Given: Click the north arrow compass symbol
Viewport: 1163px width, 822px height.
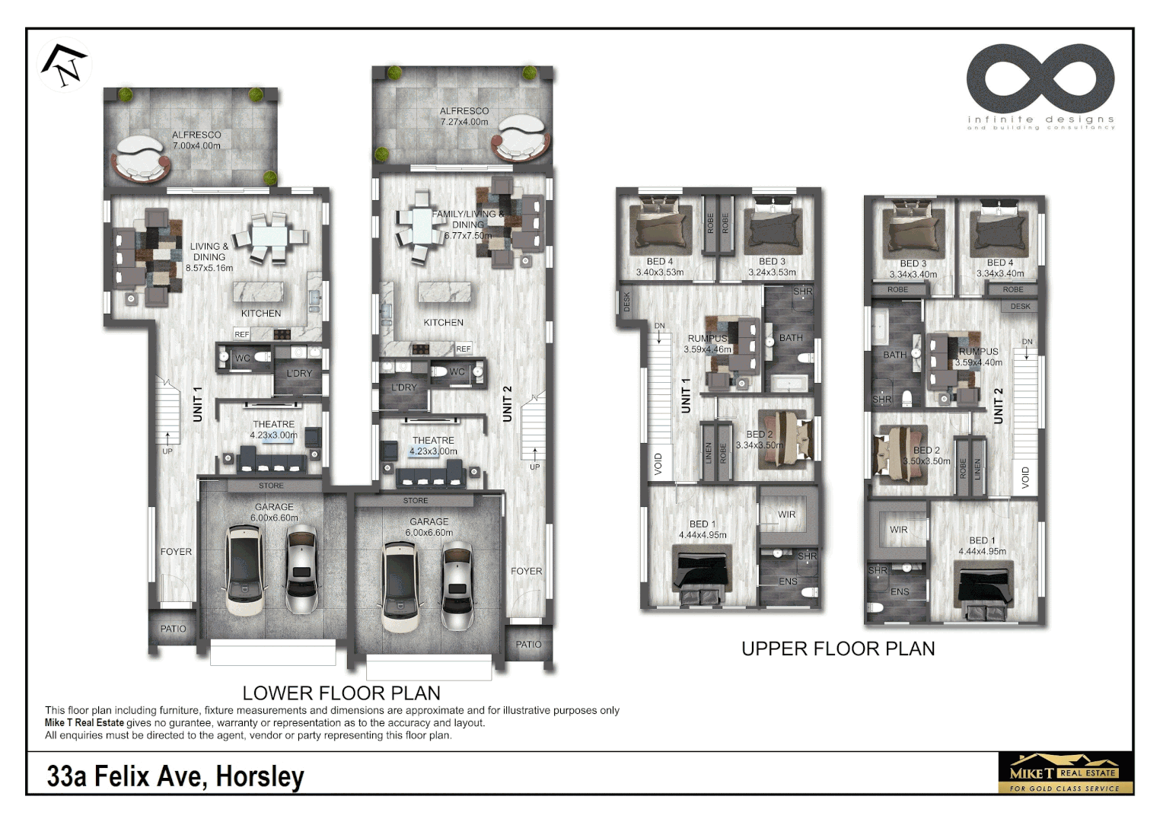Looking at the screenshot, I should (65, 64).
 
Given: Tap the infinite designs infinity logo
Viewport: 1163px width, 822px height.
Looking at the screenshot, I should (1040, 79).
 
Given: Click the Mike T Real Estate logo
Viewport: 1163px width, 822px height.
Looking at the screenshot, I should (1065, 773).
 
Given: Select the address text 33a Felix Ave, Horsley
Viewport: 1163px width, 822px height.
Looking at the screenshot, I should (175, 776).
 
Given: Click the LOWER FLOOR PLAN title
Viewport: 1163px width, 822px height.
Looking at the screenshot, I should (341, 693).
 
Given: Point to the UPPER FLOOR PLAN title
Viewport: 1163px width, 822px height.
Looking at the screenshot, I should (838, 648).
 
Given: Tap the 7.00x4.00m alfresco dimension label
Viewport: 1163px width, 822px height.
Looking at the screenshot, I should (196, 146).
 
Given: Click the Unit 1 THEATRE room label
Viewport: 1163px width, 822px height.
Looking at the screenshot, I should (273, 425).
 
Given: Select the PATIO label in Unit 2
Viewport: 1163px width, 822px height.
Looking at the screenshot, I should (528, 645).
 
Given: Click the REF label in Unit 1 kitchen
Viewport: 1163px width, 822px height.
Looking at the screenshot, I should (242, 334).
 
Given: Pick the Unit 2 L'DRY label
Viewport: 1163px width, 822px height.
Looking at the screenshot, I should (404, 387).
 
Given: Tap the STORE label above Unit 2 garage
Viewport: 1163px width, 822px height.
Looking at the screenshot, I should (416, 501).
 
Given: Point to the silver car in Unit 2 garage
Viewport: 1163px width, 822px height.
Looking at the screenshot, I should (457, 585).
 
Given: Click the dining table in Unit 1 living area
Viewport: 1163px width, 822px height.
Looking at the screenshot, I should (269, 237).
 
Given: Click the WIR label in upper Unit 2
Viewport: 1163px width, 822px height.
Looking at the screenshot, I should (899, 530).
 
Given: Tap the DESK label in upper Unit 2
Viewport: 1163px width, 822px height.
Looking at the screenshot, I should (1021, 307).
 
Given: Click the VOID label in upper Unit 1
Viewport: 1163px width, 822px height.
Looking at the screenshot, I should (659, 464).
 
